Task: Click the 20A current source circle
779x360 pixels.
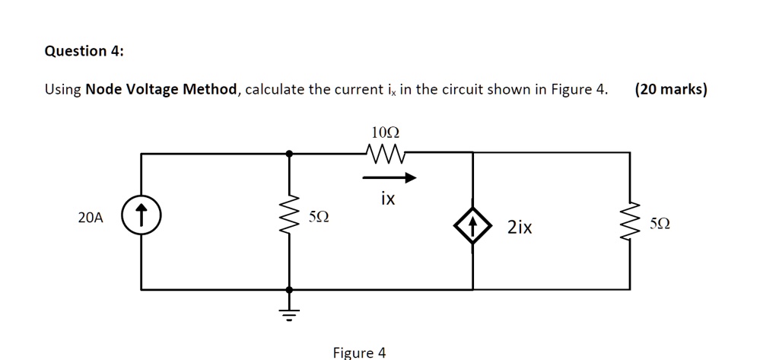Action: (x=141, y=218)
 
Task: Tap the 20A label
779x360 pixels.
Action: (x=90, y=218)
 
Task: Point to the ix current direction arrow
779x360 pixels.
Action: (x=389, y=179)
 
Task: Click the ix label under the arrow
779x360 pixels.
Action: (x=388, y=199)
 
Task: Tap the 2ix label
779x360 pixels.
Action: (x=520, y=227)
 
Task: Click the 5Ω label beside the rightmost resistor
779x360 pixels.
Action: (x=661, y=225)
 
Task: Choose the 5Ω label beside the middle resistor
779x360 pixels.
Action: (x=320, y=218)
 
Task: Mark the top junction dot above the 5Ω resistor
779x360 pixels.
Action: (x=288, y=153)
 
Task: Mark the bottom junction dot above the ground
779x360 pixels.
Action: (x=288, y=290)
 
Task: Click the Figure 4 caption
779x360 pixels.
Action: (x=359, y=352)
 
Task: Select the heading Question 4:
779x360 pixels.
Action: (x=84, y=51)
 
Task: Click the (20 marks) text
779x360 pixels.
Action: (x=670, y=90)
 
